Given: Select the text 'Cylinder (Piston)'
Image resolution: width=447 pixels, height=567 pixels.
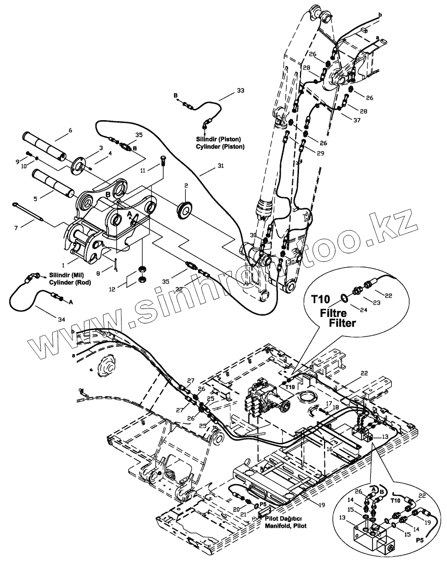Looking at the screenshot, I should (223, 146).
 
